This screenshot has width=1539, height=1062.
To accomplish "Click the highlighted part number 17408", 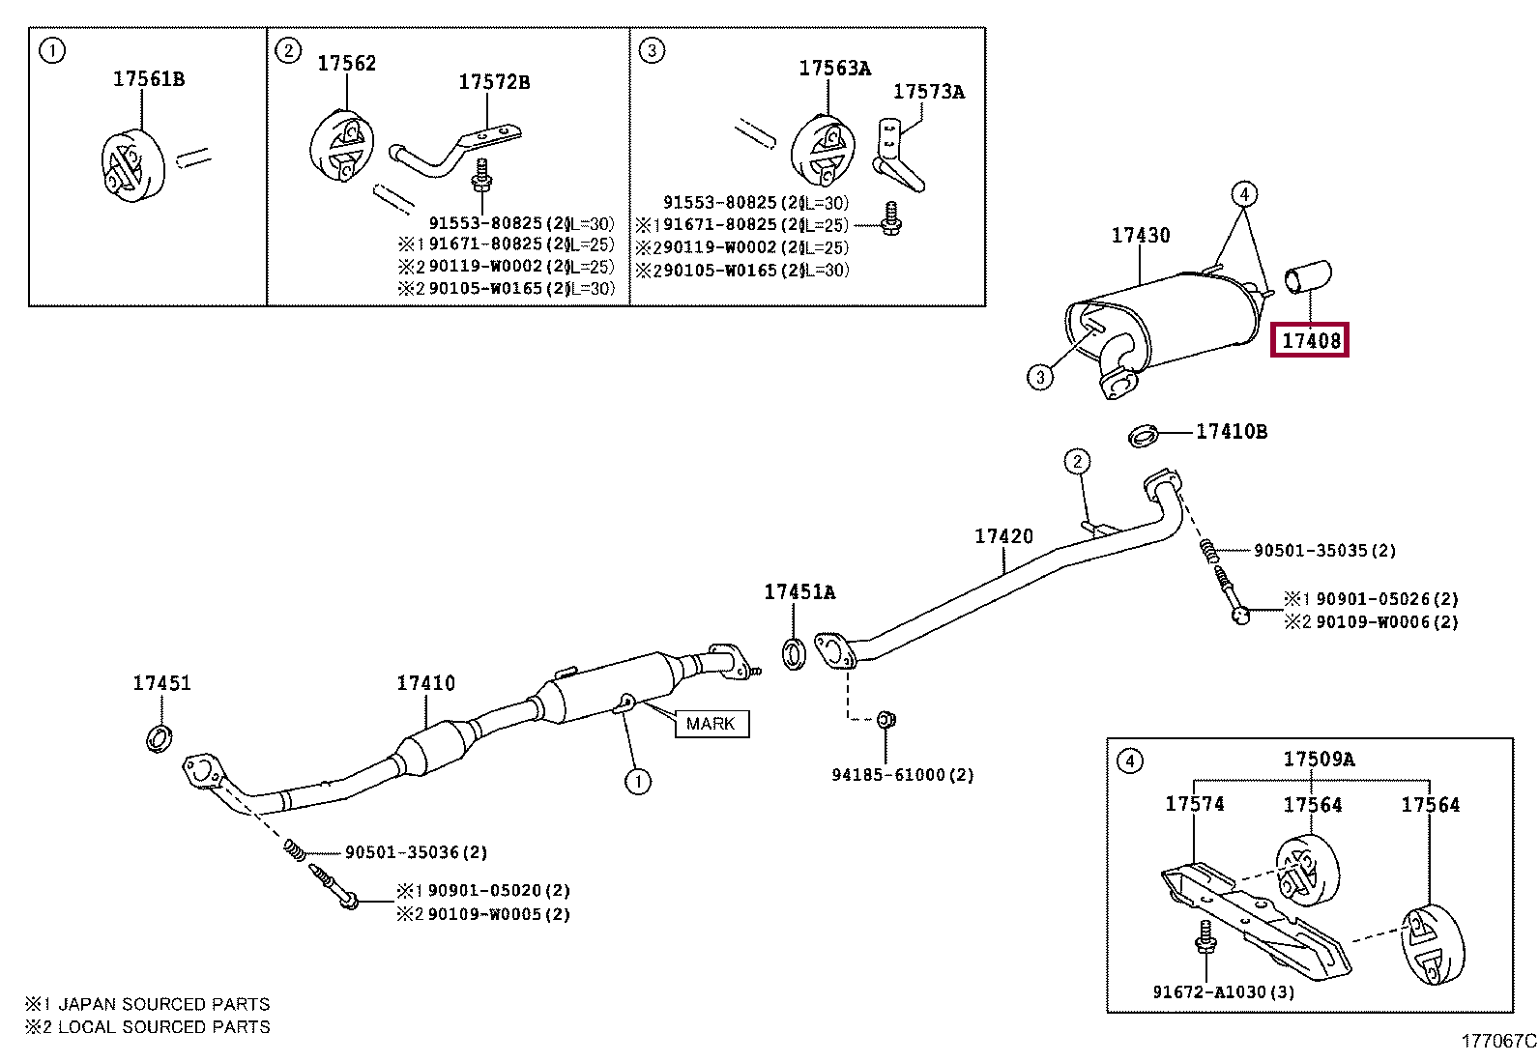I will (x=1310, y=340).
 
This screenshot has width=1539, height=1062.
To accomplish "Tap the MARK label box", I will (x=711, y=724).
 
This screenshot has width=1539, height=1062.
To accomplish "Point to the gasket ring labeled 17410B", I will (x=1144, y=436).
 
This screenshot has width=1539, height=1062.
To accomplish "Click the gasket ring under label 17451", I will (x=160, y=737).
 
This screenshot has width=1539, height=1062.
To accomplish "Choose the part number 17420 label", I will (x=1003, y=536).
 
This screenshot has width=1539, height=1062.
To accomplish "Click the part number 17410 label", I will (x=425, y=683).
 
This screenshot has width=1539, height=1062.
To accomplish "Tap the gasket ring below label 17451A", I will (x=793, y=654).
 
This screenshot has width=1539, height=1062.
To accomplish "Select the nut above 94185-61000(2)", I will (x=886, y=719).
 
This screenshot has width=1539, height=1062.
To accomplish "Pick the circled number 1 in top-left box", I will (x=52, y=51).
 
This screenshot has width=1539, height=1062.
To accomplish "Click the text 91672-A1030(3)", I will (x=1223, y=991).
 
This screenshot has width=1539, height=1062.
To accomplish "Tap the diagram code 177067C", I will (x=1497, y=1042).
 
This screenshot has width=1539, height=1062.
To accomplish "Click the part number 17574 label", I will (x=1194, y=804).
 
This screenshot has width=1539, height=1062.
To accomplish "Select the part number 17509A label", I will (x=1319, y=760).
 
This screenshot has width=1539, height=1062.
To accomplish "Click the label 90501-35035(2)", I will (x=1323, y=551).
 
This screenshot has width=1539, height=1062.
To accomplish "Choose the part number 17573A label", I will (x=928, y=92).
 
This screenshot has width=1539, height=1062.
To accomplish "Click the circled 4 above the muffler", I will (x=1244, y=195).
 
